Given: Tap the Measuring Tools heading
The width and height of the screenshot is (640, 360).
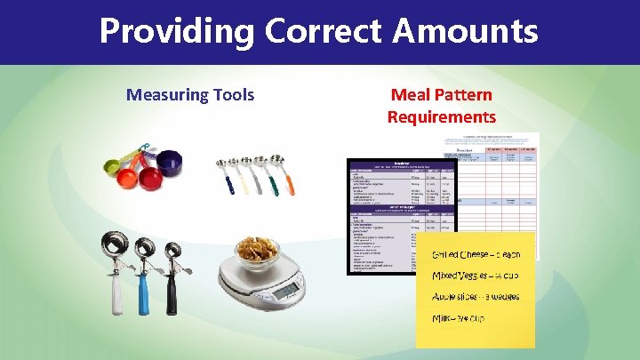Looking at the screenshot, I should pos(190,94).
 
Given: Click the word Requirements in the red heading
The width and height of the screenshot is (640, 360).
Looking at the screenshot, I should pos(441,116).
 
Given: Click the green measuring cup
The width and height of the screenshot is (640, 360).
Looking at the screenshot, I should pos(111,164).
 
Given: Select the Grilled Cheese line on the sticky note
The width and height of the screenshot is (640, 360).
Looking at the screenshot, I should pos(476,255).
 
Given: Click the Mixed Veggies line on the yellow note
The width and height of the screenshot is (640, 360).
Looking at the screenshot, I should pos(476,276).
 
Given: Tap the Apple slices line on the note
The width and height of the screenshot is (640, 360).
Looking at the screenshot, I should pos(476,296).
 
